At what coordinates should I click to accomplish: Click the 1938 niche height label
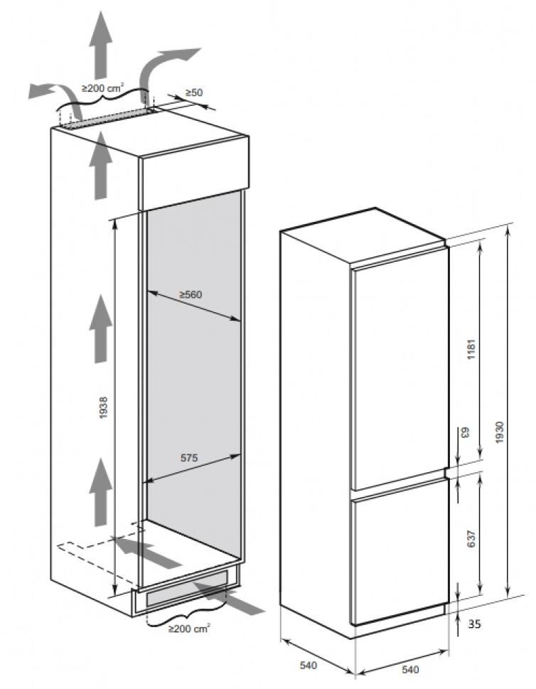point(104,407)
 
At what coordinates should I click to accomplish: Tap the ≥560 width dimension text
point(191,294)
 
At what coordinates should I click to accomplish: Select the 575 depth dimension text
point(189,458)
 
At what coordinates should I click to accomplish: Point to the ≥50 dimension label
point(194,92)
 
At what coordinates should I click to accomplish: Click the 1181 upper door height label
point(472,349)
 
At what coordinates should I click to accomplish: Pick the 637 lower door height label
point(472,539)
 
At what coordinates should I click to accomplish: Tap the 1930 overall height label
point(499,432)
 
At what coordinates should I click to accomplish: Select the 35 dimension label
point(474,624)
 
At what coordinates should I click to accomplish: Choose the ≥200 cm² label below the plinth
point(189,629)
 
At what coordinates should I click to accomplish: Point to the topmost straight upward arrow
point(101,44)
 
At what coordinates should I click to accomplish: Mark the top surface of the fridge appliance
point(363,235)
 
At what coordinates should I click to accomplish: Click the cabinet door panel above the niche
point(194,173)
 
